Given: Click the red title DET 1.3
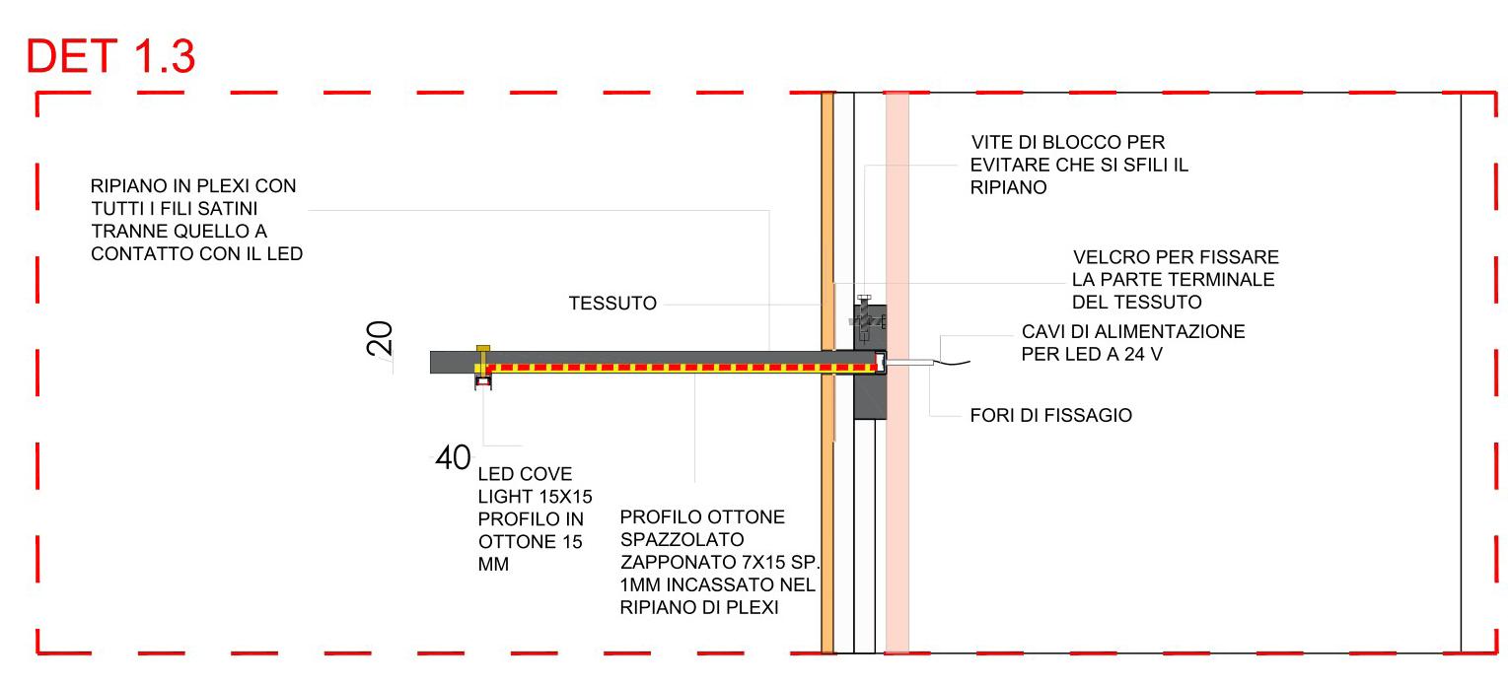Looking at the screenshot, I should tap(110, 58).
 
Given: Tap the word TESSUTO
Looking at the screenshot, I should tap(611, 304).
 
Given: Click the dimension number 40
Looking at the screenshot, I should tap(453, 457).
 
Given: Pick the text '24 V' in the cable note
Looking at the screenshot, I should tap(1148, 354).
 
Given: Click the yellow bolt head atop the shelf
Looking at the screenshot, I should tap(482, 349).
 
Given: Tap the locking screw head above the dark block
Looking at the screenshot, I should tap(865, 298).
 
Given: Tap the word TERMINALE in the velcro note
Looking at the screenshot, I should tap(1223, 280).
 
